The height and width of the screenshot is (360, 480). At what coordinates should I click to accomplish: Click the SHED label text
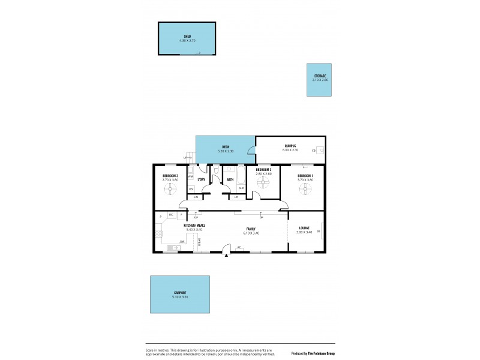pyautogui.click(x=187, y=37)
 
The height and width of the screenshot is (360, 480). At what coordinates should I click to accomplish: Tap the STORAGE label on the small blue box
pyautogui.click(x=320, y=76)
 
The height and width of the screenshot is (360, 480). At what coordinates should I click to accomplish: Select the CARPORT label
pyautogui.click(x=179, y=292)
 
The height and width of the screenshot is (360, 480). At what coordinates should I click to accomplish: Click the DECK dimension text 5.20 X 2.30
pyautogui.click(x=226, y=150)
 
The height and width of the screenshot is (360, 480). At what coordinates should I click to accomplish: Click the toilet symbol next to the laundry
pyautogui.click(x=216, y=170)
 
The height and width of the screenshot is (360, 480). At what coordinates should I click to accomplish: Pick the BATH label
pyautogui.click(x=230, y=179)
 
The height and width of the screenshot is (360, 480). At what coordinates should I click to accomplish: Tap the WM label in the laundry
pyautogui.click(x=190, y=177)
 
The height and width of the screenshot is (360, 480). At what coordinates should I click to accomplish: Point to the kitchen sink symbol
pyautogui.click(x=175, y=247)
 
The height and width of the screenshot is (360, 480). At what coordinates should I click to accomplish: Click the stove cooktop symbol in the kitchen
pyautogui.click(x=159, y=234)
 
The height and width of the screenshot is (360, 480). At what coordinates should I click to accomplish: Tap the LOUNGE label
pyautogui.click(x=304, y=228)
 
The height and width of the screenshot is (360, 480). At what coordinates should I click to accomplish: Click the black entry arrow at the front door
pyautogui.click(x=226, y=255)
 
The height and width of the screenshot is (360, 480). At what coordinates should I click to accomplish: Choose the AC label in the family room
pyautogui.click(x=238, y=247)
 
